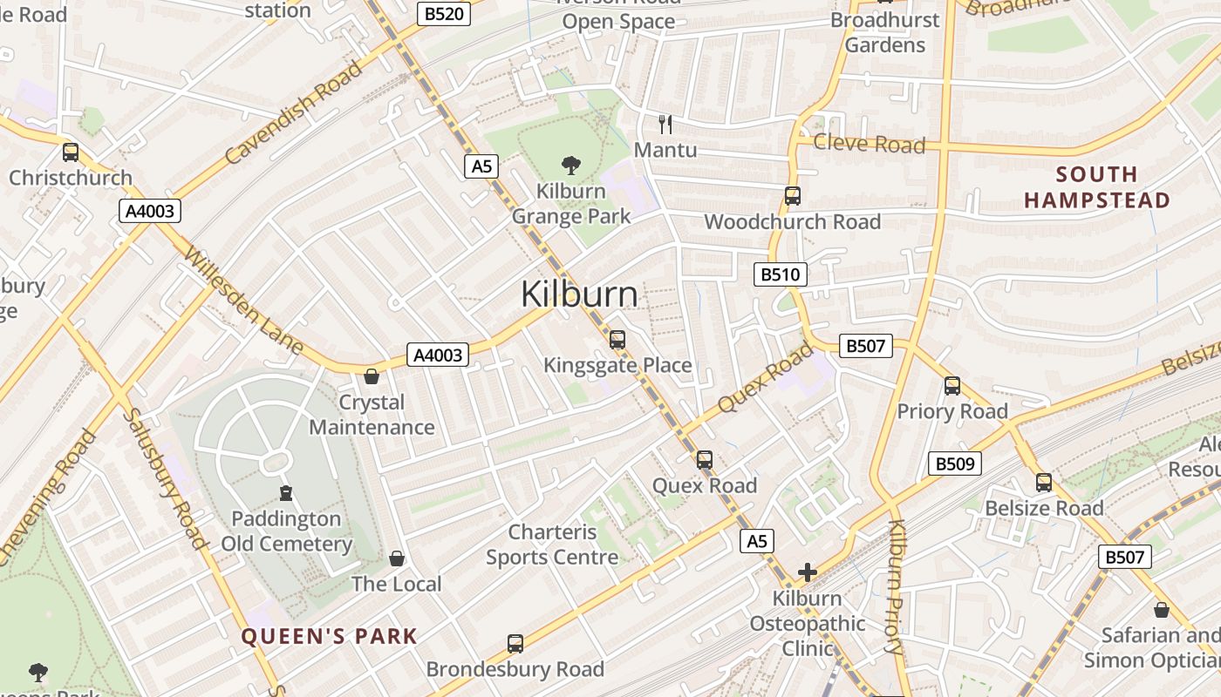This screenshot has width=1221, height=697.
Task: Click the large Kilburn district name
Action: (x=579, y=294)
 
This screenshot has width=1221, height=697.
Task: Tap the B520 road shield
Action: (x=444, y=13)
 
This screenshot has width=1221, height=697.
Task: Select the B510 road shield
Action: (x=780, y=275)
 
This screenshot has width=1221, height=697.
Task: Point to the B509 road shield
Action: (x=954, y=464)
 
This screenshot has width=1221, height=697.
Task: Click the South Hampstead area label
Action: (x=1096, y=187)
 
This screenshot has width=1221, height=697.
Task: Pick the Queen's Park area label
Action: (x=330, y=636)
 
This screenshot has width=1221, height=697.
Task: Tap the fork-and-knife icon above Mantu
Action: (x=665, y=124)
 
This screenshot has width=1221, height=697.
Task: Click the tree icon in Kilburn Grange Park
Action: (x=571, y=165)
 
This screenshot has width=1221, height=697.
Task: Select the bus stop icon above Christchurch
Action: (x=71, y=152)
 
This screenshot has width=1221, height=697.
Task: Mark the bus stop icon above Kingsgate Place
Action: (x=617, y=340)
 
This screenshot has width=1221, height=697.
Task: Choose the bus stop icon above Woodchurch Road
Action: (x=792, y=196)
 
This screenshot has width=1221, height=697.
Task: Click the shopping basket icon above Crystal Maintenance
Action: (x=372, y=376)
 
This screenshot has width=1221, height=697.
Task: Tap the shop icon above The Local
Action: (x=397, y=558)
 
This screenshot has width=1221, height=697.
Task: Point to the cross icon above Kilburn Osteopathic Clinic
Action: (x=808, y=572)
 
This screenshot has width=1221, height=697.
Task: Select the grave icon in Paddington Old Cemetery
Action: (x=285, y=493)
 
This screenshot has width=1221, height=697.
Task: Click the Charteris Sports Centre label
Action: (x=552, y=545)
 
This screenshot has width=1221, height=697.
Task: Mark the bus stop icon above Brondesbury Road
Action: (x=515, y=644)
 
